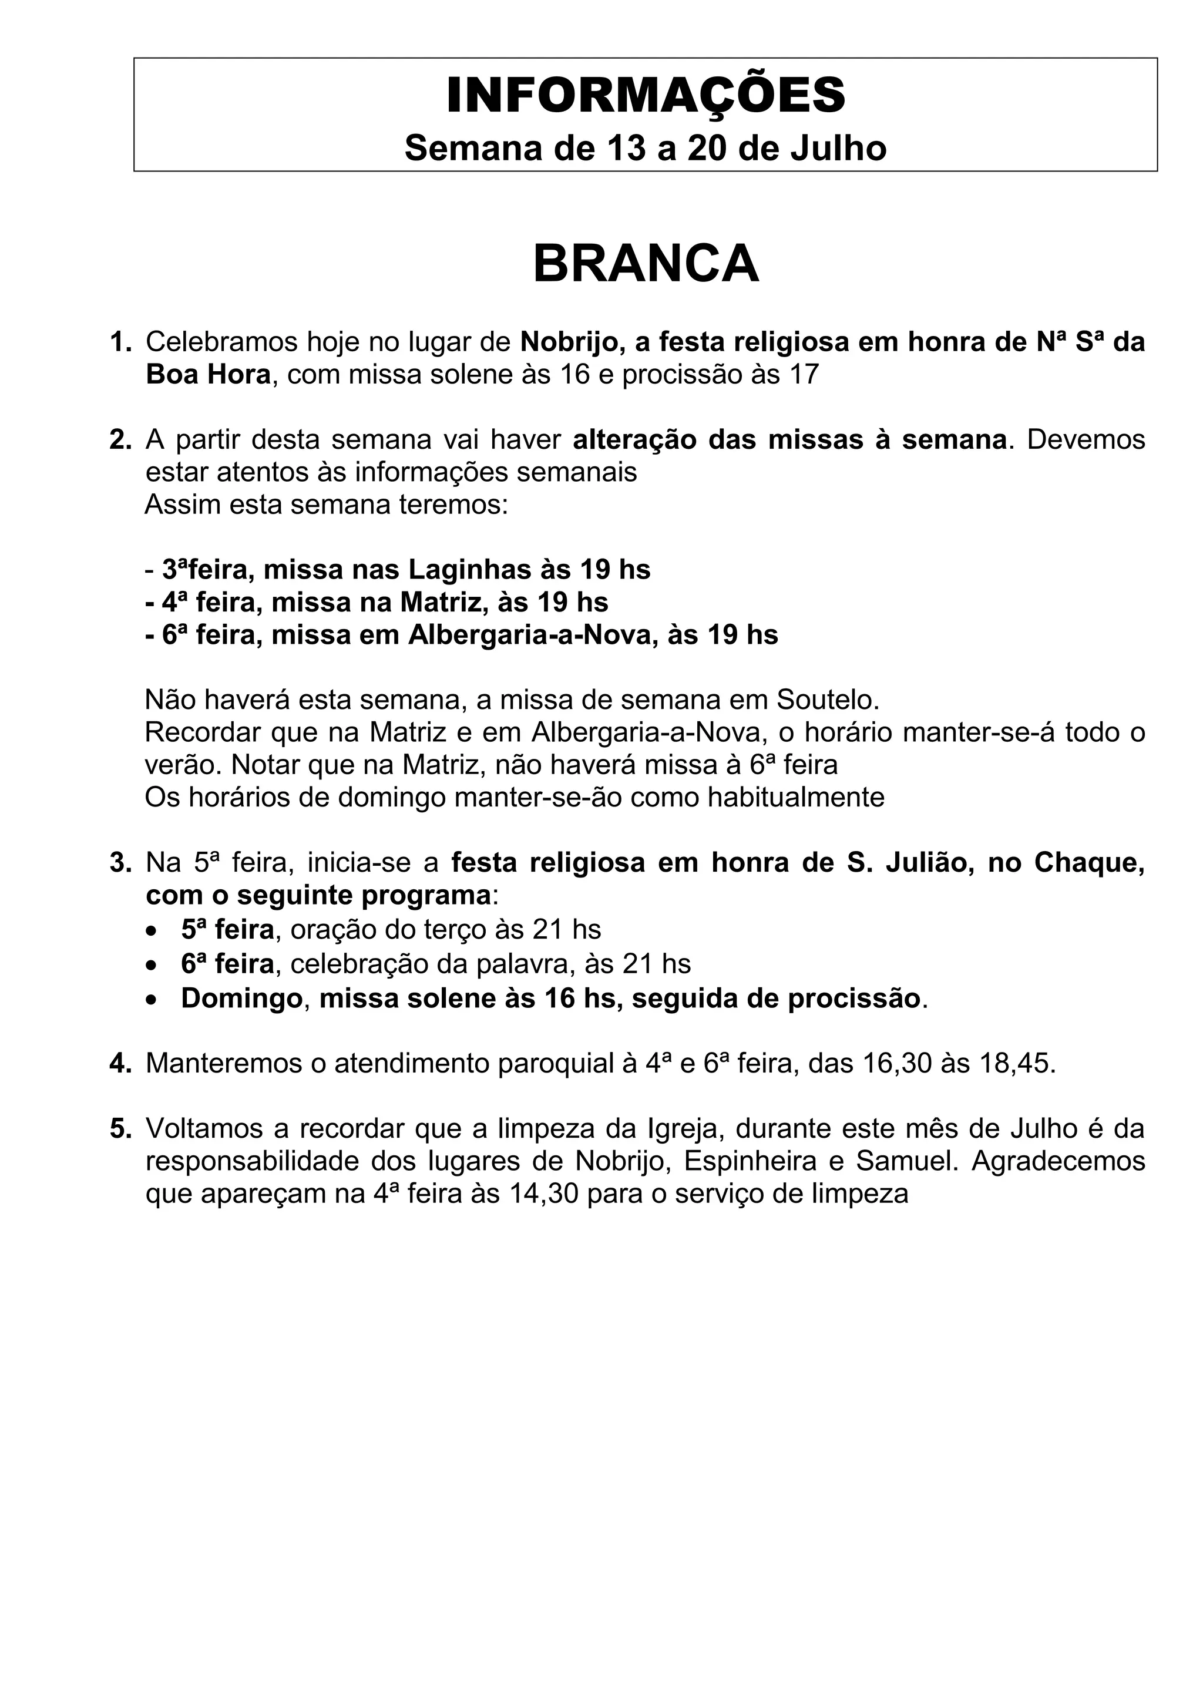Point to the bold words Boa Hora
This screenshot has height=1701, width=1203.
208,375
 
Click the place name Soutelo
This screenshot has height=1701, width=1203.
826,700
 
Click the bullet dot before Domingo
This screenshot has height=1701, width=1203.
152,1000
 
